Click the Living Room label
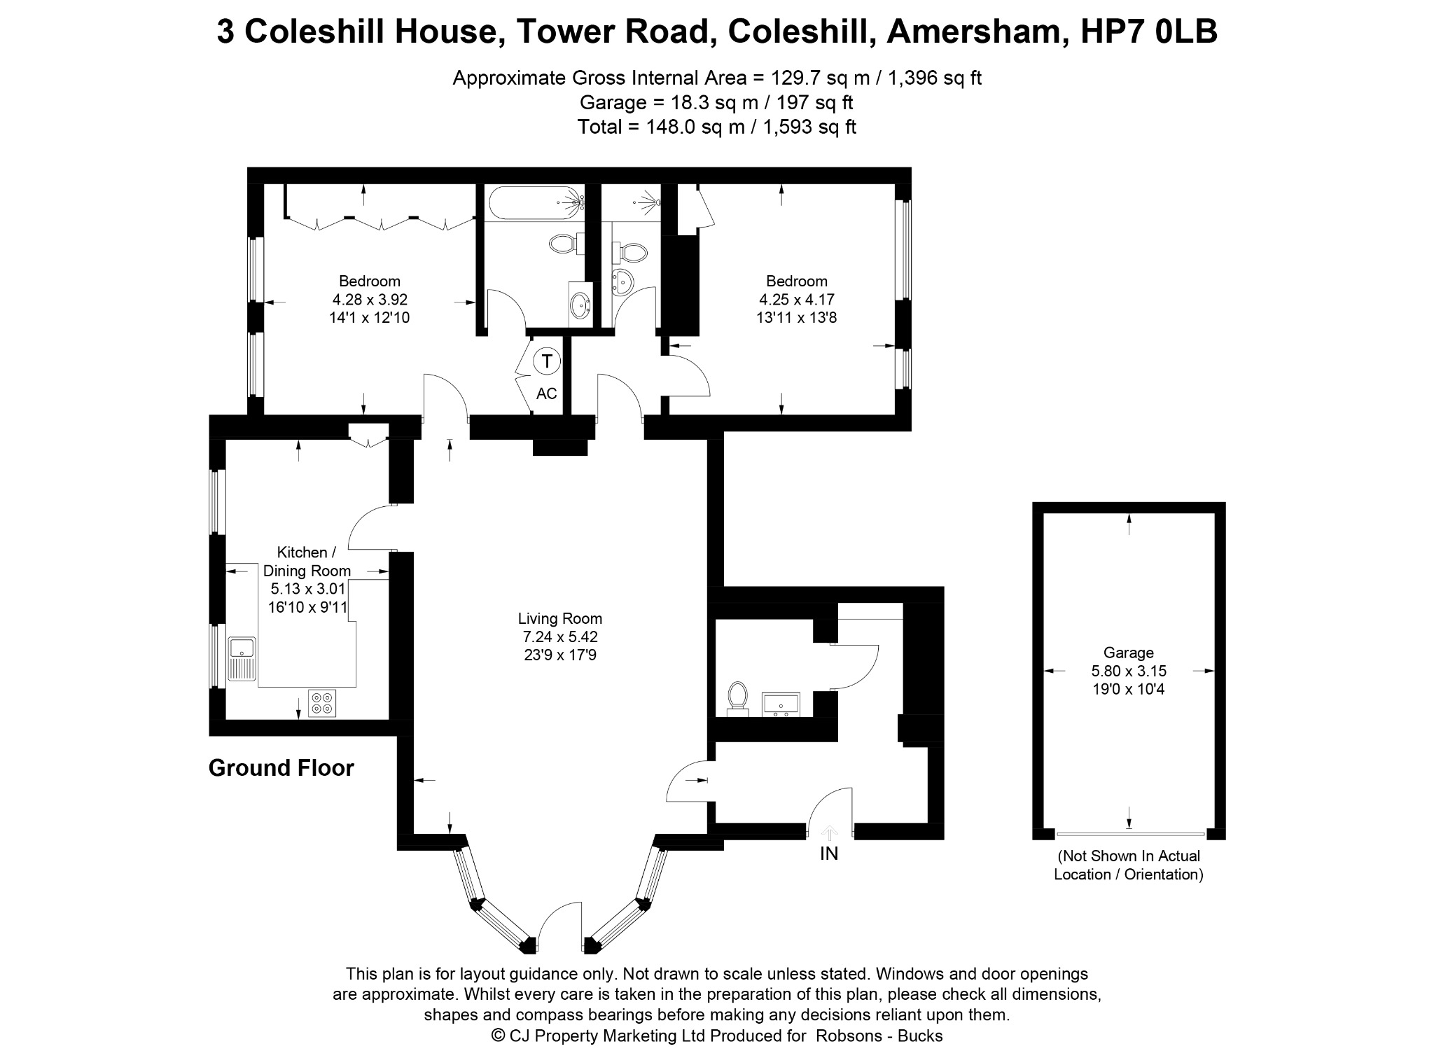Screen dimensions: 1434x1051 click(559, 619)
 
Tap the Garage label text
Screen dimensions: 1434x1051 click(1128, 653)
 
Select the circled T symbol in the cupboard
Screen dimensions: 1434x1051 click(547, 361)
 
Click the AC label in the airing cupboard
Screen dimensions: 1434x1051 click(547, 394)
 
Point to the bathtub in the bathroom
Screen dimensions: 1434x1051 click(535, 203)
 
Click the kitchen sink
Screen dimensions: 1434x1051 click(242, 659)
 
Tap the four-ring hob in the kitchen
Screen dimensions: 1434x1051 click(322, 703)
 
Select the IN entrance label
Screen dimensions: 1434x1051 click(829, 854)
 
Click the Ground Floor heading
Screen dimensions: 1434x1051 click(281, 768)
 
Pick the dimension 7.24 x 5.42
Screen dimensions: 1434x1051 click(559, 637)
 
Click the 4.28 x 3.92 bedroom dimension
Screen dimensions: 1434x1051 click(370, 300)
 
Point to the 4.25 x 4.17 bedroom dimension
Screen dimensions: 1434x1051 click(797, 300)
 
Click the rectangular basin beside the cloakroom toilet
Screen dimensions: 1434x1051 click(780, 704)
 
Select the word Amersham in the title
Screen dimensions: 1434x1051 click(977, 32)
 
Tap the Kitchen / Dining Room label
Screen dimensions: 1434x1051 click(307, 562)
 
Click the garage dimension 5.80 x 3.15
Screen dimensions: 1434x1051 click(1129, 671)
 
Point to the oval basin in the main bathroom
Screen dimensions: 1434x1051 click(580, 305)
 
